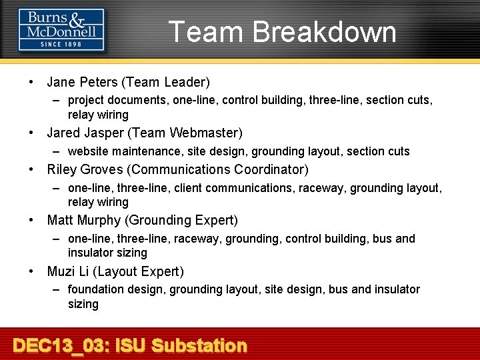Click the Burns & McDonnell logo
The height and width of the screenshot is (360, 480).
click(x=61, y=29)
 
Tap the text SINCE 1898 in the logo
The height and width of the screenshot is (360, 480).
click(x=61, y=44)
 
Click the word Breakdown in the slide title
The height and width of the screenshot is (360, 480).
click(x=325, y=32)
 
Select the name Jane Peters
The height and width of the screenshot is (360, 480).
click(x=82, y=83)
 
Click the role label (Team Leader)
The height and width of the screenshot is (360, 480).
click(x=165, y=83)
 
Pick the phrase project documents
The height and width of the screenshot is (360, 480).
click(x=116, y=100)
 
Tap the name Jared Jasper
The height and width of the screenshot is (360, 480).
click(x=84, y=133)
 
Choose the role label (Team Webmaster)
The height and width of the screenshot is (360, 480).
click(x=184, y=133)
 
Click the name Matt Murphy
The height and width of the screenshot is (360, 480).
click(x=84, y=220)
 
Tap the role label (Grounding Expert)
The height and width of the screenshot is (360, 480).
click(x=181, y=220)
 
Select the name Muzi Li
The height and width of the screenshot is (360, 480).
click(x=69, y=271)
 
